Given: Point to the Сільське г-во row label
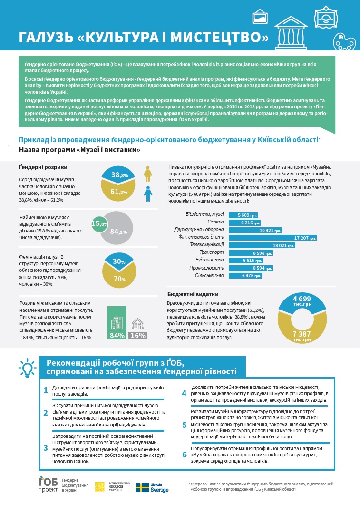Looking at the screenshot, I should [x=211, y=275].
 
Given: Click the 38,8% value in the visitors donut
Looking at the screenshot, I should [x=119, y=175].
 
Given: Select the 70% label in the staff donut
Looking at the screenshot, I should [x=119, y=279].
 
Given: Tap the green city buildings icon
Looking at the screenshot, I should [x=117, y=318].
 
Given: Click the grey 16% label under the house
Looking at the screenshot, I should [x=137, y=335].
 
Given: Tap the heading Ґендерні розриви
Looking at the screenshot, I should [x=43, y=167].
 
